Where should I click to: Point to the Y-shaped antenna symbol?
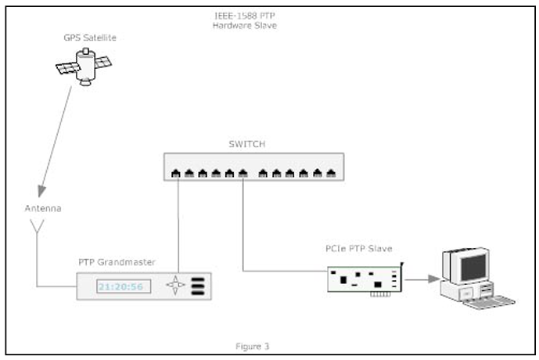(x=37, y=228)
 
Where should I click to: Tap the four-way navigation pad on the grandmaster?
(x=176, y=286)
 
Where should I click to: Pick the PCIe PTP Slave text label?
(x=358, y=249)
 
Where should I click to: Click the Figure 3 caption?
(x=253, y=345)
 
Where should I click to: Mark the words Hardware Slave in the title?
(x=245, y=27)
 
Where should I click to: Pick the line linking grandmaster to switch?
(x=178, y=227)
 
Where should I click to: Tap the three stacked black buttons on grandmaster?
(x=198, y=286)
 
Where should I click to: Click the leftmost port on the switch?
(x=177, y=172)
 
